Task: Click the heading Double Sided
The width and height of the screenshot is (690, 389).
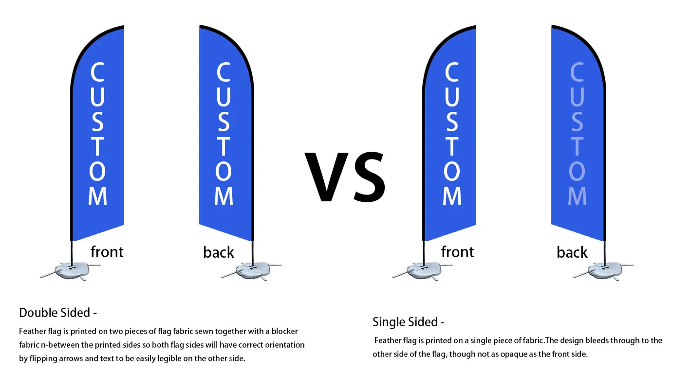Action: tap(55, 313)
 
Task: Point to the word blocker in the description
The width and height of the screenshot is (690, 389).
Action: tap(283, 331)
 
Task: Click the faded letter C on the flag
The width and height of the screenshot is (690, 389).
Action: tap(577, 73)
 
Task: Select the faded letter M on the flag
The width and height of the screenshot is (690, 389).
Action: tap(577, 196)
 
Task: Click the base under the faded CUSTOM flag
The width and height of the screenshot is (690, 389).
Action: tap(604, 271)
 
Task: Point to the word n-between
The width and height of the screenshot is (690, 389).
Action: tap(61, 345)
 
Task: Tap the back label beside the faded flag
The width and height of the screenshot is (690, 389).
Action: tap(572, 252)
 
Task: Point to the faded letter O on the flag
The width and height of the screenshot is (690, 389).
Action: tap(577, 171)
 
